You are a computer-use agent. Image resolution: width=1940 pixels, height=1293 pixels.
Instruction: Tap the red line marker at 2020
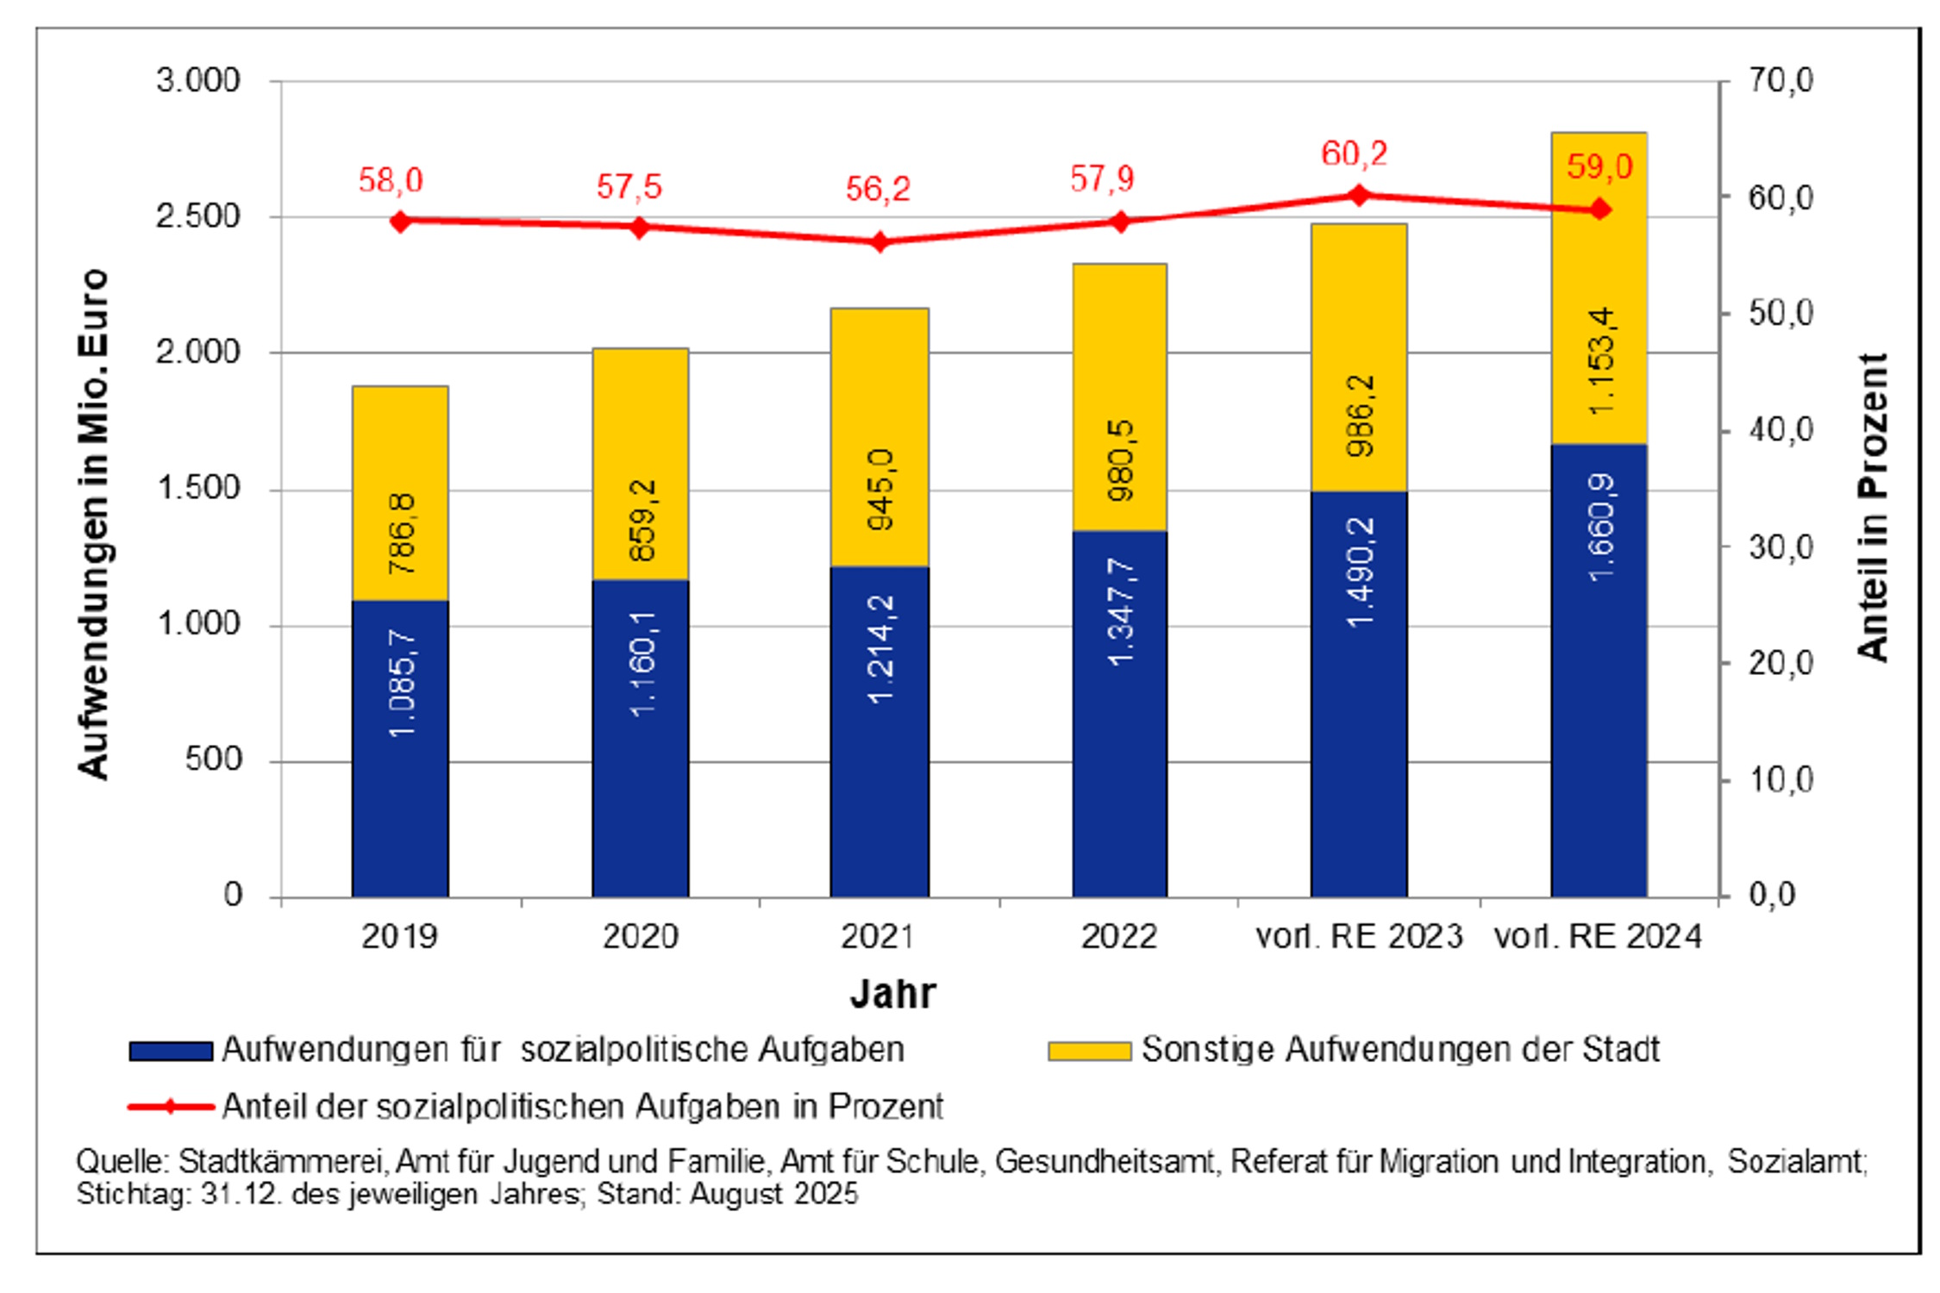click(x=640, y=228)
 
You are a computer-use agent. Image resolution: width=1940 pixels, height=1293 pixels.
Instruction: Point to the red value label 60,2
click(x=1354, y=154)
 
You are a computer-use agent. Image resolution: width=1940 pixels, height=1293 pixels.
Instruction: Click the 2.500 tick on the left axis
click(x=197, y=216)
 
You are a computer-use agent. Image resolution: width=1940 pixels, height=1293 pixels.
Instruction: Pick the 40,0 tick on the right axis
click(x=1781, y=429)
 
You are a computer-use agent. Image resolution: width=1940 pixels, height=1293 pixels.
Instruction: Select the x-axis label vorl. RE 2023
click(x=1359, y=936)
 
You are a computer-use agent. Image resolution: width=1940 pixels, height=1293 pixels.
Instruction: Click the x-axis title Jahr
click(x=892, y=994)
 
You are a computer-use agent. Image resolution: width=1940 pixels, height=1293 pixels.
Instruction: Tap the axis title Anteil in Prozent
click(x=1873, y=507)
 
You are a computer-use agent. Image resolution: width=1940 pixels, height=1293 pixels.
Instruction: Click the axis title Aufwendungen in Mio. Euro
click(x=93, y=524)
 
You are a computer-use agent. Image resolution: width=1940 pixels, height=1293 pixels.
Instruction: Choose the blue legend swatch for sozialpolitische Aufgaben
click(x=171, y=1052)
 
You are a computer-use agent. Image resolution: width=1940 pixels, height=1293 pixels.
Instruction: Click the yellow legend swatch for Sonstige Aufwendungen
click(x=1089, y=1052)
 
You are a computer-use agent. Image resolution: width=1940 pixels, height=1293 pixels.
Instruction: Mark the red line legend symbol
click(x=171, y=1107)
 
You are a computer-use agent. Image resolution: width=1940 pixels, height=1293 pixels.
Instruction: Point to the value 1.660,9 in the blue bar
click(x=1601, y=528)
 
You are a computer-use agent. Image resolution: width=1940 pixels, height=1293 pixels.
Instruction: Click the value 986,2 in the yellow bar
click(x=1360, y=415)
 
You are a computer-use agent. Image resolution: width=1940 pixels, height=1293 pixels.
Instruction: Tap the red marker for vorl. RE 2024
click(x=1600, y=209)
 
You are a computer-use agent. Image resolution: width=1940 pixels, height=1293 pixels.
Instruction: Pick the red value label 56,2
click(x=878, y=190)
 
